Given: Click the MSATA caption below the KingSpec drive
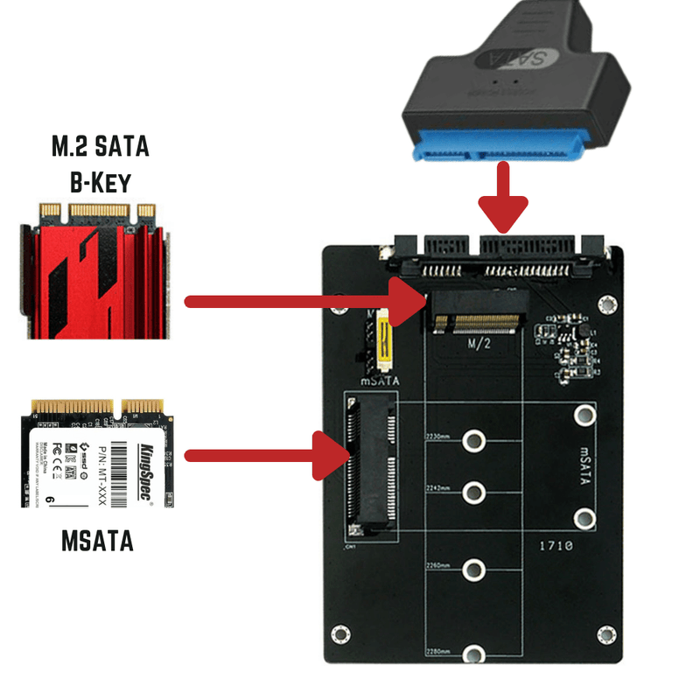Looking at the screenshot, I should point(98,540).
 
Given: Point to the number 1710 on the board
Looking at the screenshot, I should point(555,545).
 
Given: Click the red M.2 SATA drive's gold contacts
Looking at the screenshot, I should point(97,211).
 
